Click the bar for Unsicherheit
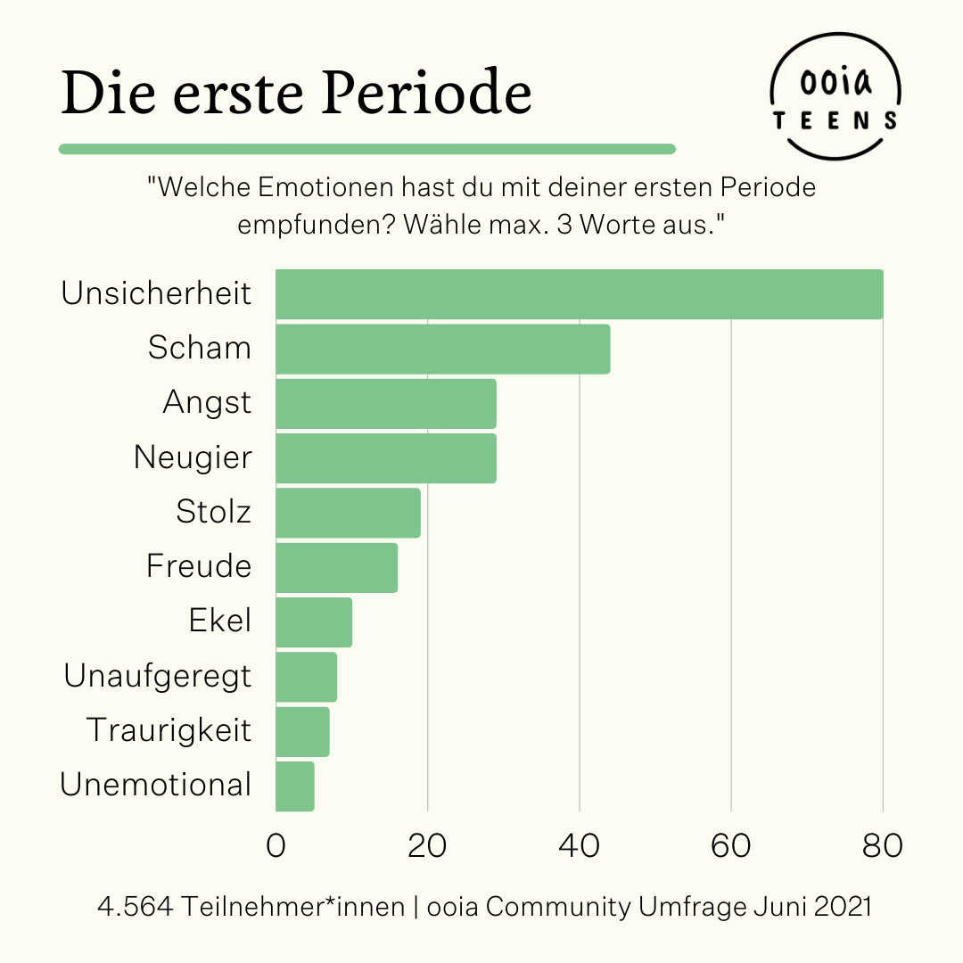point(580,294)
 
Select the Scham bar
point(443,349)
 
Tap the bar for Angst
point(386,403)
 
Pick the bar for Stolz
point(348,513)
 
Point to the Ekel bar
point(314,622)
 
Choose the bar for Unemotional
point(295,786)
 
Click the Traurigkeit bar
point(302,731)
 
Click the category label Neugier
point(193,457)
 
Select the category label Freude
point(199,566)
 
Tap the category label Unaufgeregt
point(158,676)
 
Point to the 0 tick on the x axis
point(276,845)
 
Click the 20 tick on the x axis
point(428,845)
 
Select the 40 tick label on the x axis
point(580,845)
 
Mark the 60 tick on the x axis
point(731,845)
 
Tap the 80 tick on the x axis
point(882,845)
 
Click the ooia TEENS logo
point(835,98)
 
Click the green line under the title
point(366,149)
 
